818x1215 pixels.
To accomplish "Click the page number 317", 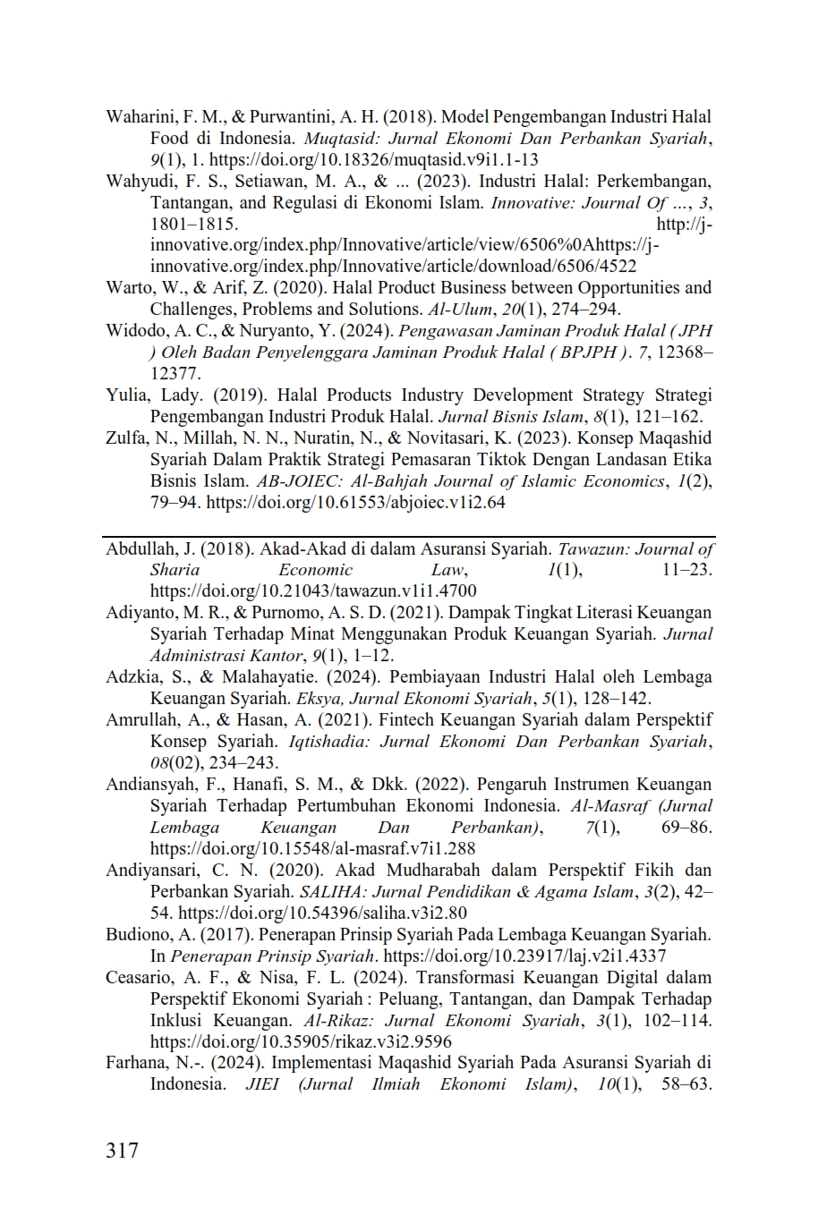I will click(123, 1150).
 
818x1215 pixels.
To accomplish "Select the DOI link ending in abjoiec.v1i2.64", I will click(355, 503).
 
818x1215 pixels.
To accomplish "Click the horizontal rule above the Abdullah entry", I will click(409, 537).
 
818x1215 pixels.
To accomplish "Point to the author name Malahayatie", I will click(264, 677).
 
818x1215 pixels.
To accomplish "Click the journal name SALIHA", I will click(327, 891).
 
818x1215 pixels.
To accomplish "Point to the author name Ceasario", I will click(141, 977).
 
